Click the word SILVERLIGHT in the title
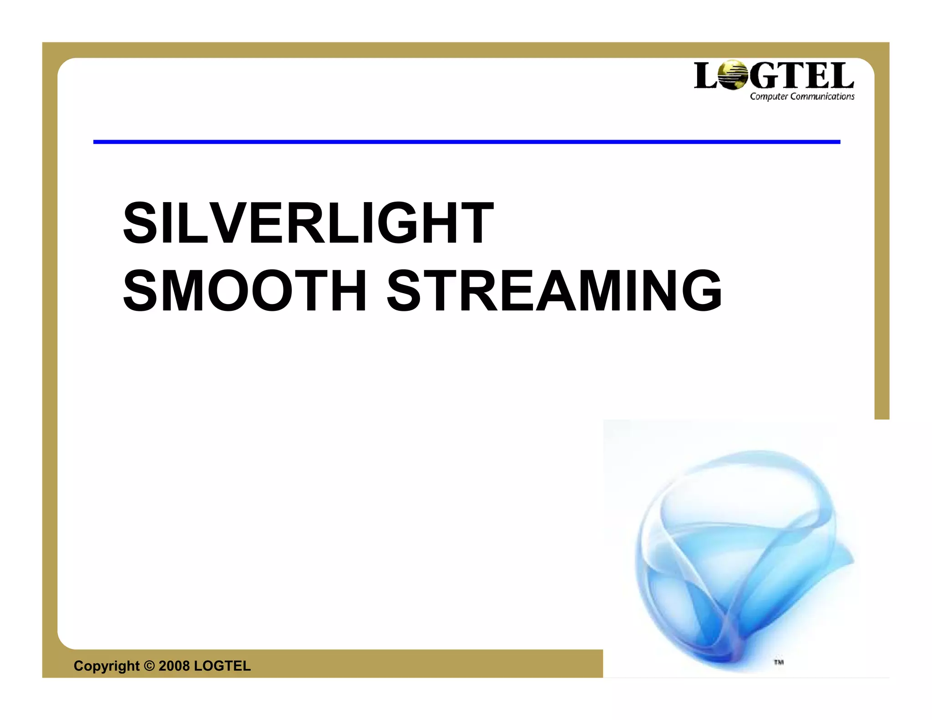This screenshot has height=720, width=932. click(x=308, y=223)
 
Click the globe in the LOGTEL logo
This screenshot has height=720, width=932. click(x=732, y=75)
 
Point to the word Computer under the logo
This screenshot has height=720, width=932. click(x=769, y=96)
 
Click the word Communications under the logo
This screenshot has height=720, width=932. click(x=822, y=96)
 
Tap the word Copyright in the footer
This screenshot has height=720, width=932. click(x=106, y=666)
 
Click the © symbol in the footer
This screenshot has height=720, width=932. click(x=149, y=666)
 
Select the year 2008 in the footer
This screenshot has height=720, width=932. click(x=174, y=666)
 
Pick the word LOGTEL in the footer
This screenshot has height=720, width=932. click(x=222, y=666)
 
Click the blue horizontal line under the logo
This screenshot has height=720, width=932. click(x=466, y=142)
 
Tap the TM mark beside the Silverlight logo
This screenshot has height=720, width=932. click(x=779, y=662)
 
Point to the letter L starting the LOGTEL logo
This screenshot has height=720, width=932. click(x=704, y=76)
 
